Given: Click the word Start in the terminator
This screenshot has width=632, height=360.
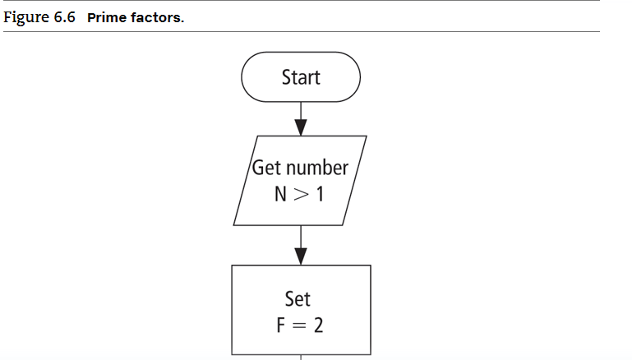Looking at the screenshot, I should [x=301, y=77].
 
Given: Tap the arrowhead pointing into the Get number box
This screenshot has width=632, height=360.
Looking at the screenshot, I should [x=301, y=127].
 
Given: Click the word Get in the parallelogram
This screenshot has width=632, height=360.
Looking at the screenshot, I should [x=267, y=168].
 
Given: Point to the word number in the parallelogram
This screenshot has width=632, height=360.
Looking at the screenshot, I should [x=316, y=168].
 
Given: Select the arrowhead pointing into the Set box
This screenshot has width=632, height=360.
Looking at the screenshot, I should [x=301, y=256].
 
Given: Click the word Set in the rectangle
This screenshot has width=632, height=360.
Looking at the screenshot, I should [x=298, y=297].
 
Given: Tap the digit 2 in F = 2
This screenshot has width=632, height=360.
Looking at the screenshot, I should [x=317, y=325].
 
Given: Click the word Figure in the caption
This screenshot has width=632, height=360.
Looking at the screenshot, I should [x=27, y=17].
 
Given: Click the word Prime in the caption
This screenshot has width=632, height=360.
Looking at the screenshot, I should [x=105, y=17].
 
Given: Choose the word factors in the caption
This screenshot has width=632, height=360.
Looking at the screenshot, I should [x=155, y=17].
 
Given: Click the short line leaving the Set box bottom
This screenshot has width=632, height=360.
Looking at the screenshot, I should [x=301, y=357].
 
